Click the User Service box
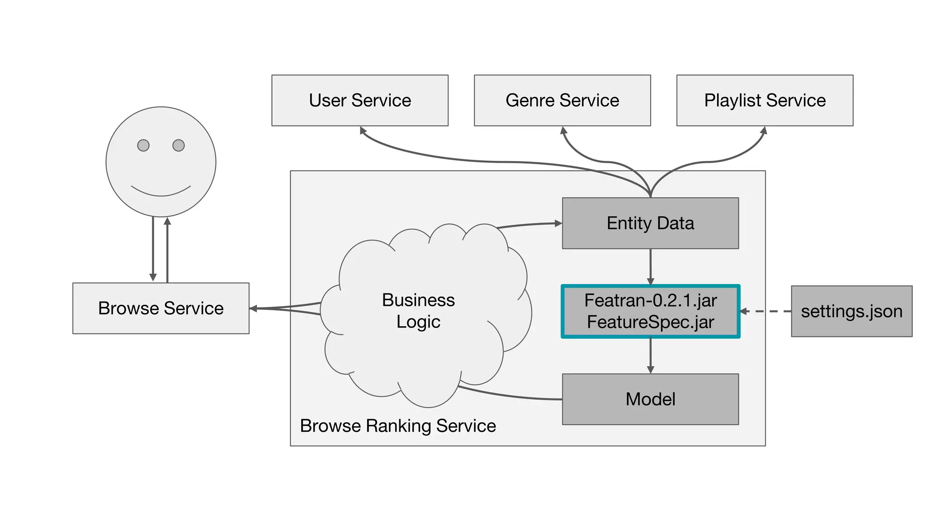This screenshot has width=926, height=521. [x=359, y=100]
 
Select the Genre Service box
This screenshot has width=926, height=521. [x=562, y=100]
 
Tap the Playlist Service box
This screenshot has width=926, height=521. [x=765, y=100]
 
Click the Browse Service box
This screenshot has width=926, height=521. [x=161, y=308]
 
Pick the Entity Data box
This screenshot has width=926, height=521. [x=650, y=223]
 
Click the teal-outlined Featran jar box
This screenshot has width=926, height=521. [x=650, y=311]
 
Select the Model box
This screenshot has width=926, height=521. [x=650, y=399]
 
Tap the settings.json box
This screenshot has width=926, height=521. [x=851, y=311]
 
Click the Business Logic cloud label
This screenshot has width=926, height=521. [x=418, y=311]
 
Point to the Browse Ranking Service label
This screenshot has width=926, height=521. [x=398, y=426]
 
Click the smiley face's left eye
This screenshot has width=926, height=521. [x=143, y=145]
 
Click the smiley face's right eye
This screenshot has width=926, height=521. [x=179, y=145]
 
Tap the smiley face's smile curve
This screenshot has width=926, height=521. [x=161, y=194]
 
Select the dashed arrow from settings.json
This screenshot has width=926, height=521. [x=769, y=311]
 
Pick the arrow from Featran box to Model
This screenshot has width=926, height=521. [x=650, y=355]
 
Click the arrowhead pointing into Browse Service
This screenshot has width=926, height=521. [x=254, y=308]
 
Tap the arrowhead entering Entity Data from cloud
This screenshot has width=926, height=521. [x=558, y=223]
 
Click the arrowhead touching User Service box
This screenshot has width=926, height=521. [x=363, y=130]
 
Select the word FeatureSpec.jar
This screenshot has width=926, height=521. [x=650, y=322]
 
